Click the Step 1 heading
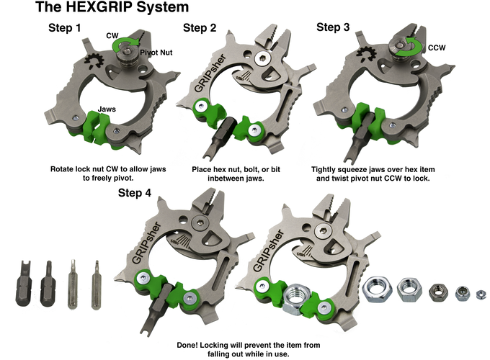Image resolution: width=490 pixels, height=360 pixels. tap(65, 28)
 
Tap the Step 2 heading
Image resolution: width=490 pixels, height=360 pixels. tap(200, 28)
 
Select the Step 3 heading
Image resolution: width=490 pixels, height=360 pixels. tap(333, 27)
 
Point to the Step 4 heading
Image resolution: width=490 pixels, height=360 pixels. tap(135, 193)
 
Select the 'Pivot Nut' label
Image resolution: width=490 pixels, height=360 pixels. tap(156, 53)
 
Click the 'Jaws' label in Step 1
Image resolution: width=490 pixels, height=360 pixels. tap(107, 109)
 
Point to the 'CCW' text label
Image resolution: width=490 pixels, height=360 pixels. tap(437, 48)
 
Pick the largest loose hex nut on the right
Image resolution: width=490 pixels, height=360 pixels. tap(378, 289)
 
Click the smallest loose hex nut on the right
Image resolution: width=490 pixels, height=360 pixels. tap(481, 294)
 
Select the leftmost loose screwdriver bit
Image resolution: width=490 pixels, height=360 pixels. tap(24, 284)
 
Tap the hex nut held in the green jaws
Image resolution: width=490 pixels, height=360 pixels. tap(296, 299)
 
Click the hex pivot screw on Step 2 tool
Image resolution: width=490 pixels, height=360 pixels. tap(262, 58)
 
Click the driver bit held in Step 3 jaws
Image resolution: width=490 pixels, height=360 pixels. tap(360, 137)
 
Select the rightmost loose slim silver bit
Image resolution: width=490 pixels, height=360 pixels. tap(97, 284)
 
